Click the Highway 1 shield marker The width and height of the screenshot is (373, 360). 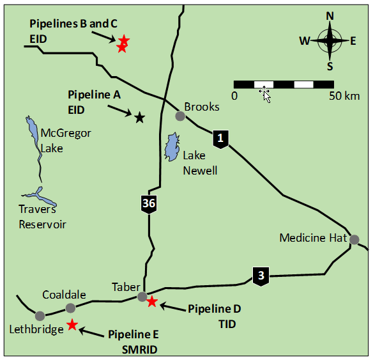point(220,139)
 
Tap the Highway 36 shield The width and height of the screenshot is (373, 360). point(149,204)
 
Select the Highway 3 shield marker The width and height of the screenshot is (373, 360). point(261,276)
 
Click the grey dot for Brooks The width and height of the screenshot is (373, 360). point(180,116)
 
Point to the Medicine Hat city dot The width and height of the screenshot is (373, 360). point(354,240)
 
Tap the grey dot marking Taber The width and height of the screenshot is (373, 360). point(142,297)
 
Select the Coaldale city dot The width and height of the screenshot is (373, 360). point(70,308)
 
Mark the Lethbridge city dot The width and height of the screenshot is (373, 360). point(40,316)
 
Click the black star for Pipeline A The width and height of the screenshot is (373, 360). point(140,118)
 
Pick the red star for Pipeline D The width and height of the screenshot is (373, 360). point(152,302)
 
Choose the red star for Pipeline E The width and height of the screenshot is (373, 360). point(72,325)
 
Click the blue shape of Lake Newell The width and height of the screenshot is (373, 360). point(172,147)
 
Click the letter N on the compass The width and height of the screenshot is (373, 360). point(330,16)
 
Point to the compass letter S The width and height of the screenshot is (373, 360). point(330,67)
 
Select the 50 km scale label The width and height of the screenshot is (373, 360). point(344,96)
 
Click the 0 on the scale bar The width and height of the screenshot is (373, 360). point(234,96)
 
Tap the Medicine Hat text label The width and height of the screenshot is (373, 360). point(313,238)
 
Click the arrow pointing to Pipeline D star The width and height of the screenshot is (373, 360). point(172,308)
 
